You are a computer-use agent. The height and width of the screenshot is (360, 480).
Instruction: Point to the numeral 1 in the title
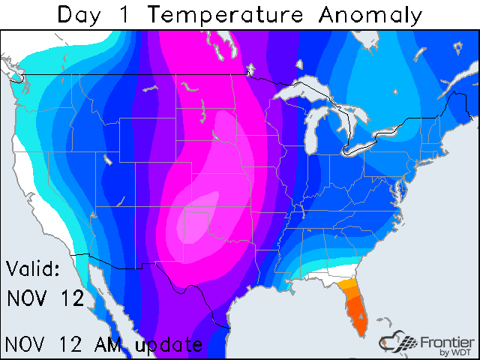click(x=131, y=14)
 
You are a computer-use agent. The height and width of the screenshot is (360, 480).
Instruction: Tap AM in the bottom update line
click(x=111, y=344)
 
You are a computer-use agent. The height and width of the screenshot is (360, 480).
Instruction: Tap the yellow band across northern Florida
click(x=347, y=284)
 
